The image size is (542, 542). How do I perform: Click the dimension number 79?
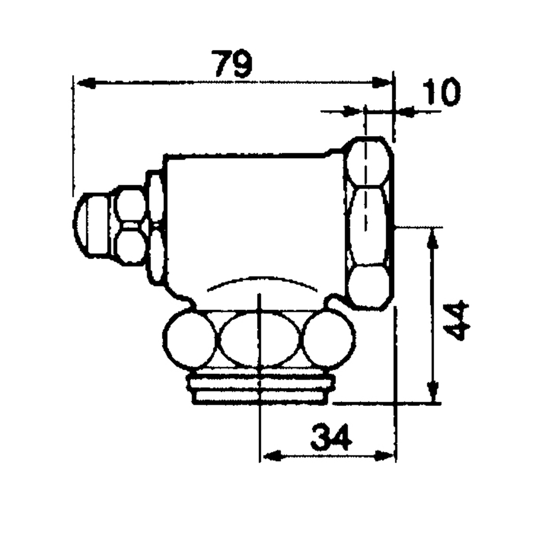[x=233, y=64]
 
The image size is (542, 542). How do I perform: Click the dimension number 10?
[x=441, y=92]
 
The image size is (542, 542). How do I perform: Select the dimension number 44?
[x=456, y=322]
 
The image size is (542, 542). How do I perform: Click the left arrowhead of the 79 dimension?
[x=86, y=83]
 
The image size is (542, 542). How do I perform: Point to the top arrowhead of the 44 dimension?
[x=433, y=238]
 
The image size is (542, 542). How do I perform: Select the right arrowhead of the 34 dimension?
[x=384, y=456]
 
